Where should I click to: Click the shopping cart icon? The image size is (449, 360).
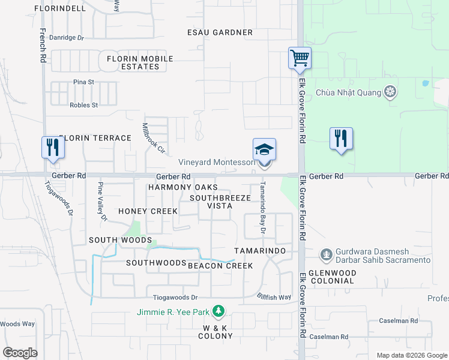point(299,58)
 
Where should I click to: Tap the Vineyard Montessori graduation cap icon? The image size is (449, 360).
point(264,149)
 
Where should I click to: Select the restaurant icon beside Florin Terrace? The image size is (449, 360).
point(53,147)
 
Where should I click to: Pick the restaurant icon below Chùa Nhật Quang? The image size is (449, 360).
point(341,138)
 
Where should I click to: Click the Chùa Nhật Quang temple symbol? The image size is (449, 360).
point(391,92)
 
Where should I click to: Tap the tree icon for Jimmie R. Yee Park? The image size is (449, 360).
point(220,310)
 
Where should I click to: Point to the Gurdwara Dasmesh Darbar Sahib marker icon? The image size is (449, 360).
point(326,254)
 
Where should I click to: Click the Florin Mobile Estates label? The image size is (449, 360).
point(140,62)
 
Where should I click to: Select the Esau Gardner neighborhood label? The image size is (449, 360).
point(211,32)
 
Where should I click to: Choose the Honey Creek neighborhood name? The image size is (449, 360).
point(148,211)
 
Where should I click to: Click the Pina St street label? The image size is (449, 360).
point(84,82)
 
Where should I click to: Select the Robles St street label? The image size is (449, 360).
point(83,105)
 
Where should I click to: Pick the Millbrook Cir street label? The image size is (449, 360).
point(153,137)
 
